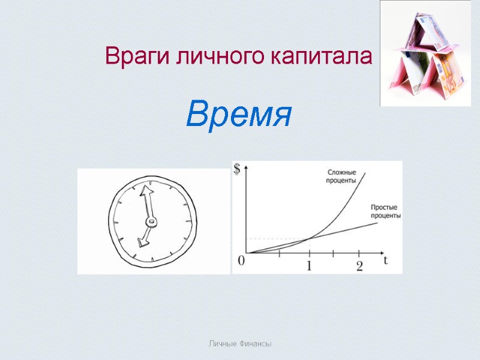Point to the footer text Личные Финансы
(x=240, y=344)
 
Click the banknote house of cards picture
(x=425, y=53)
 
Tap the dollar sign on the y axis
(x=237, y=169)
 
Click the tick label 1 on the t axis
(x=310, y=266)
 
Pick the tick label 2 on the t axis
(x=359, y=266)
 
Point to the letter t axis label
(x=386, y=260)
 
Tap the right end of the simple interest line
(x=377, y=223)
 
